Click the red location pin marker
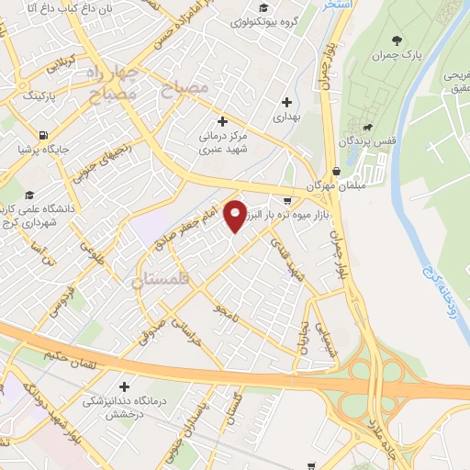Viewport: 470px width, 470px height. pyautogui.click(x=236, y=215)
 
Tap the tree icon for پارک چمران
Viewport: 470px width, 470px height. pyautogui.click(x=397, y=39)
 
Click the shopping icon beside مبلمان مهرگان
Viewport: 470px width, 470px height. pyautogui.click(x=337, y=171)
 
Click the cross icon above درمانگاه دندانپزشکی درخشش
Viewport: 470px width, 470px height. pyautogui.click(x=124, y=386)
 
